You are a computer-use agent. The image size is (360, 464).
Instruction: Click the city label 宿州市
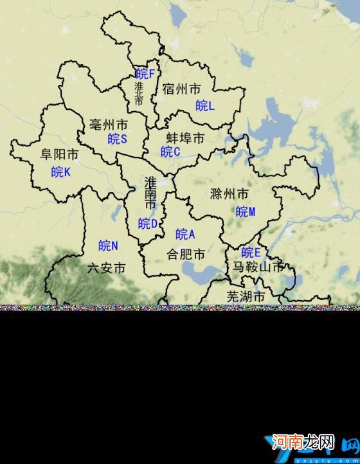182,89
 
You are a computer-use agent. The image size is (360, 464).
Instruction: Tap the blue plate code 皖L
205,105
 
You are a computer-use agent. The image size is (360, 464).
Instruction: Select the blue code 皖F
145,74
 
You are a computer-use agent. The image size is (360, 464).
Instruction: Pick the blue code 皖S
118,139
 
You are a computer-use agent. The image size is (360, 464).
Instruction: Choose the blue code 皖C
170,152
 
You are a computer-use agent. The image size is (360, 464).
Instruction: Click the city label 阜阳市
60,155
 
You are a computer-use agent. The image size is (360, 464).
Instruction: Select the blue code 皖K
61,172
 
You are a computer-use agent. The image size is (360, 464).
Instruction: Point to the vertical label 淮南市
150,192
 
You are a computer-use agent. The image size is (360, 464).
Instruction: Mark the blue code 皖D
148,224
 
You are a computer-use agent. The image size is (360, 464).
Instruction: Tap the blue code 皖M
246,211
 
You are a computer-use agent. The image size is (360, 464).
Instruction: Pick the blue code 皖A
185,234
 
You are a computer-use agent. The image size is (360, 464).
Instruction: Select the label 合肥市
186,254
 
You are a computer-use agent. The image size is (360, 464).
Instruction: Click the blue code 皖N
108,245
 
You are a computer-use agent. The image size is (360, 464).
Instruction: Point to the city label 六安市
105,268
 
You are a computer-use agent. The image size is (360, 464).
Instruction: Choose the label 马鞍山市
257,267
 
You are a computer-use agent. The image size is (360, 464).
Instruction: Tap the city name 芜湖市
246,296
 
